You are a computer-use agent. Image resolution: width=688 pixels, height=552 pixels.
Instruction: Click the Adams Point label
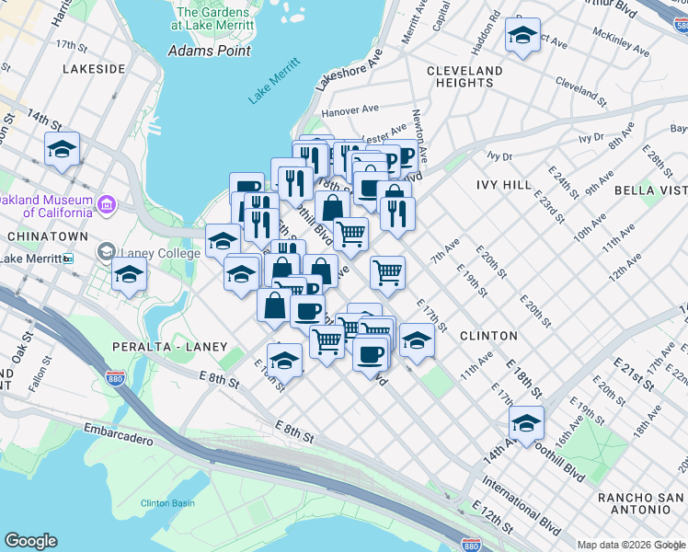point(210,51)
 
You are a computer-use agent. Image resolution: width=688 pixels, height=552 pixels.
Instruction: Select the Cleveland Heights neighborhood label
point(464,76)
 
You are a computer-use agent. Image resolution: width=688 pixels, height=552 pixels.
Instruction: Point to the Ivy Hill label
point(504,185)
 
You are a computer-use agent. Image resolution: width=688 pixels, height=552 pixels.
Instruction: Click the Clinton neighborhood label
point(484,336)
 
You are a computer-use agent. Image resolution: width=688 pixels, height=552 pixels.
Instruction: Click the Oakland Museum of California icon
point(107,202)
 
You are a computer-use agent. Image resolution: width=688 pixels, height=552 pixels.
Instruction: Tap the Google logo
point(30,541)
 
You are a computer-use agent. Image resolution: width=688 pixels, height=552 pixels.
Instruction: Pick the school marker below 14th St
point(62,149)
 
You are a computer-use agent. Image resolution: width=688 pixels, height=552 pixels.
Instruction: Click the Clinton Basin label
point(167,503)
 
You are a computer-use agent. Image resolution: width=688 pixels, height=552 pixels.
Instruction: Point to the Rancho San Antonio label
point(638,505)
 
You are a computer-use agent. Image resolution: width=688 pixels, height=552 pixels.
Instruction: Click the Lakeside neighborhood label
point(94,69)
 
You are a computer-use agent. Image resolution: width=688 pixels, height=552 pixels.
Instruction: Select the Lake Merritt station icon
point(68,259)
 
